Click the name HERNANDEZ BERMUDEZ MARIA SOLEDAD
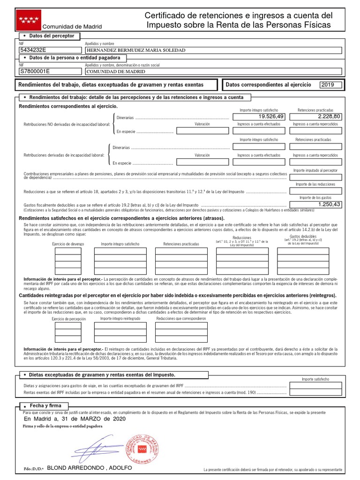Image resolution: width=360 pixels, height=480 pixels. [x=136, y=50]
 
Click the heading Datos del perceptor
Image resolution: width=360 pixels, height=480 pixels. [x=49, y=36]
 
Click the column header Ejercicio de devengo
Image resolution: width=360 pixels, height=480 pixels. [x=68, y=244]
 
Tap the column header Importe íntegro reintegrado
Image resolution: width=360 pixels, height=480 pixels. [x=120, y=319]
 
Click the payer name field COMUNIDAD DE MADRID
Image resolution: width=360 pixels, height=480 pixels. [x=116, y=71]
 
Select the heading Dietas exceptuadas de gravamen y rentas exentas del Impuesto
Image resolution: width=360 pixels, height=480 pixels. [x=102, y=375]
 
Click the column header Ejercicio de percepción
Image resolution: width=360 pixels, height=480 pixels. [x=69, y=319]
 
